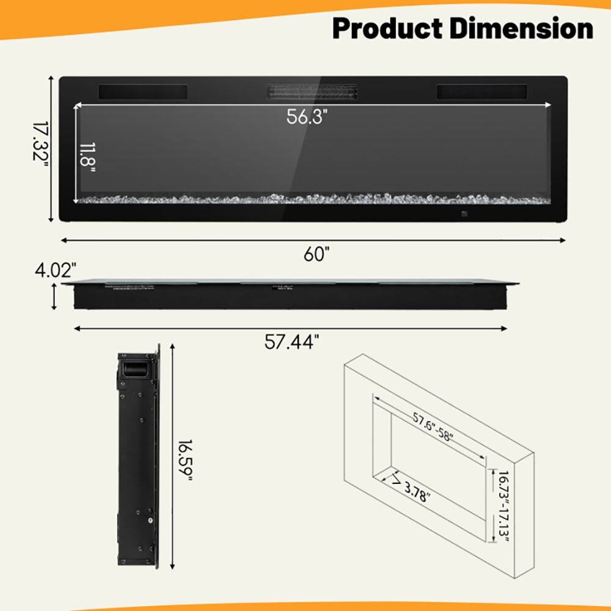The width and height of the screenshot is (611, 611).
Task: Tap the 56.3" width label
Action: [x=307, y=116]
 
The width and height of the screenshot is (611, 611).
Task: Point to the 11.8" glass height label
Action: [x=87, y=158]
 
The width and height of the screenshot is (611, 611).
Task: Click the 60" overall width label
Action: [x=316, y=254]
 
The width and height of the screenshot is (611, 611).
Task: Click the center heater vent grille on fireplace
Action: [x=312, y=93]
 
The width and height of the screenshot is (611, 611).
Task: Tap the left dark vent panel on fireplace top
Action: [x=143, y=92]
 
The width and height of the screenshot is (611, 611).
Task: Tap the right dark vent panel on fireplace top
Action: [x=481, y=92]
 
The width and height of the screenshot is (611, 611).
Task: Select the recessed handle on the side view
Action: [x=134, y=369]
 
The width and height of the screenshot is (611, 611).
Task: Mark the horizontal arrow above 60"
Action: [x=312, y=240]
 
